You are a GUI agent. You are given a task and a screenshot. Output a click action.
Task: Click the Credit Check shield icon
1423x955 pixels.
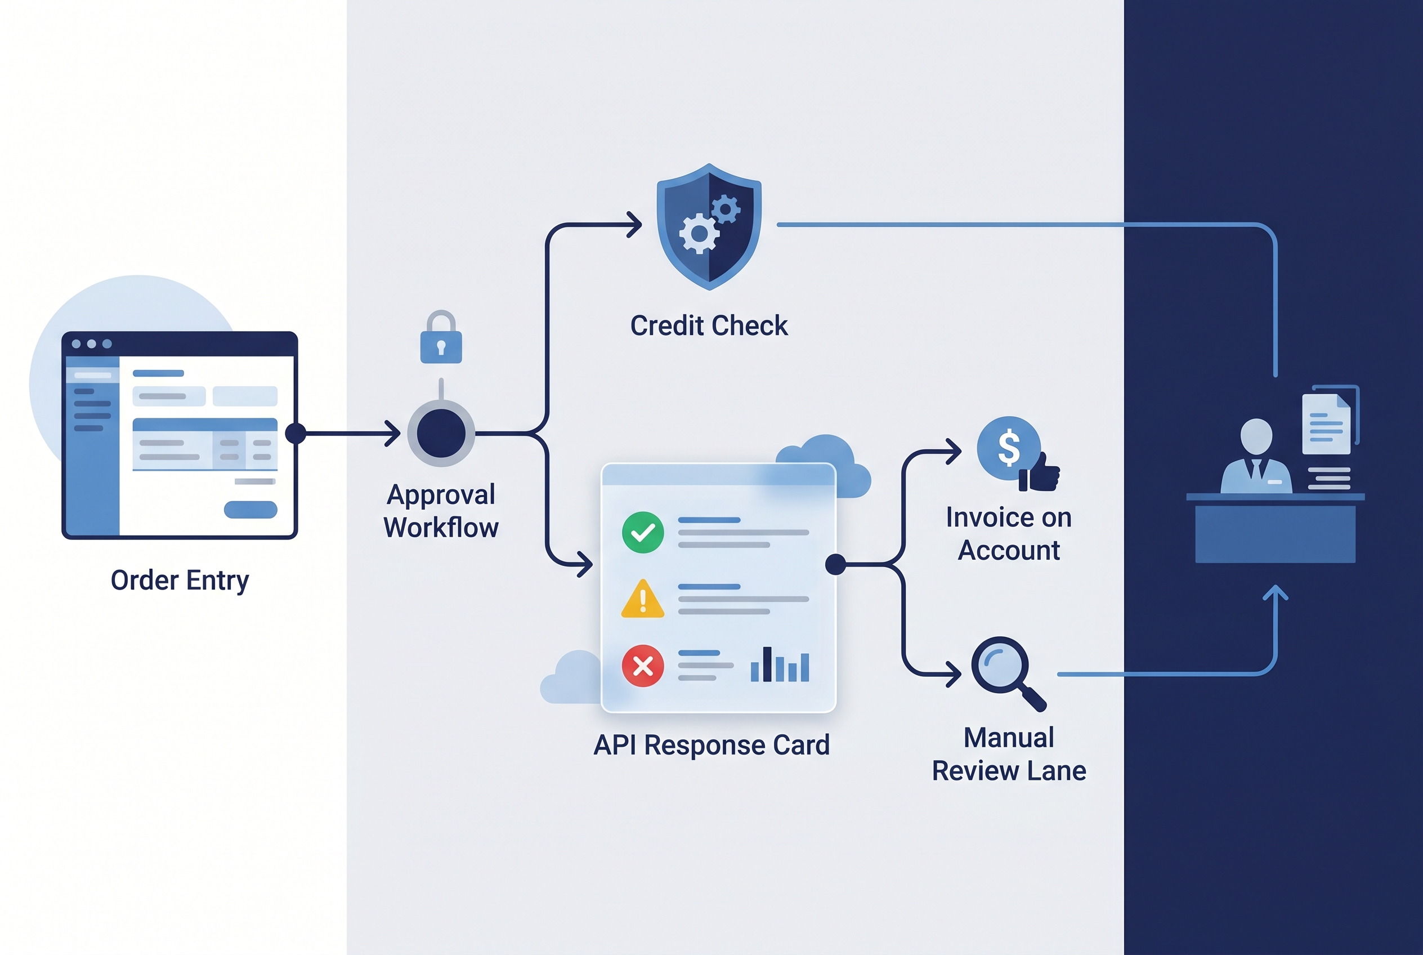[x=709, y=226]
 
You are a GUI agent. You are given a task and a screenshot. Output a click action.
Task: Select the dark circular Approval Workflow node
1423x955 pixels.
[x=441, y=433]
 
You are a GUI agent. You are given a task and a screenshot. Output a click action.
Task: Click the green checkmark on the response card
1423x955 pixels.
[x=643, y=532]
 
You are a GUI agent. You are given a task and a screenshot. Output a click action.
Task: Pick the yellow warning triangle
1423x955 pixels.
[x=643, y=599]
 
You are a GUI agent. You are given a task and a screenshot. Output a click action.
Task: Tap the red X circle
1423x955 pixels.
[x=643, y=666]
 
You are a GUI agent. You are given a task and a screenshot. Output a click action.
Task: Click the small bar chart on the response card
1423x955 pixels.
[x=780, y=664]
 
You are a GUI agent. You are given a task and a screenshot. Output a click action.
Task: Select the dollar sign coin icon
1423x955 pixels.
[x=1009, y=448]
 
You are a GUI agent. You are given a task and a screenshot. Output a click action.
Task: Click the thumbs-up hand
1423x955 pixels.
[x=1040, y=472]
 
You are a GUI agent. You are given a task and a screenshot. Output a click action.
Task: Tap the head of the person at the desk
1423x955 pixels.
[x=1256, y=436]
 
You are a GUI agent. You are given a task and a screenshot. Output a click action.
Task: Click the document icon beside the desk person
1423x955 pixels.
[x=1326, y=424]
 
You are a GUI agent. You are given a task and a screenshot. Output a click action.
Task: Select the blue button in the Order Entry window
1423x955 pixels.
[x=250, y=509]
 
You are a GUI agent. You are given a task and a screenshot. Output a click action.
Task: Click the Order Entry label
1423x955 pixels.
[x=180, y=581]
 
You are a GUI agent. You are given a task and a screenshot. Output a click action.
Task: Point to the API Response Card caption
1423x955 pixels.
[x=711, y=745]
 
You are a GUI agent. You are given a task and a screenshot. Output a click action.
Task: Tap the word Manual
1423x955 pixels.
[x=1009, y=738]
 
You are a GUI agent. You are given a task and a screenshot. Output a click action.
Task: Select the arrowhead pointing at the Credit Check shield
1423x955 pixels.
[x=634, y=224]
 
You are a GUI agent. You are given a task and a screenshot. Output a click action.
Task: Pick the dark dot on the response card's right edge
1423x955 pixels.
[x=835, y=565]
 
